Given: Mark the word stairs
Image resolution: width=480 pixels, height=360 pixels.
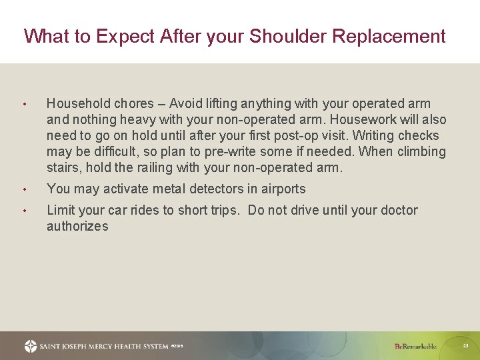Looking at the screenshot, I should coord(64,168).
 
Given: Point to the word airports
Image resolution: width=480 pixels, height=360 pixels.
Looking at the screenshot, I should coord(281,189).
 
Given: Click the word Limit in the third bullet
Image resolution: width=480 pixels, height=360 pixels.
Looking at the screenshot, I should coord(61,211).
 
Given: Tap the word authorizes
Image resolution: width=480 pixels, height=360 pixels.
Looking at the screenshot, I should coord(77,227).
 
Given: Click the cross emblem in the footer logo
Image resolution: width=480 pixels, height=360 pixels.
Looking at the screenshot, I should coord(31,346).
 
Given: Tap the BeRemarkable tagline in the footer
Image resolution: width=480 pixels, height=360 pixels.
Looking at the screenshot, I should coord(415,346).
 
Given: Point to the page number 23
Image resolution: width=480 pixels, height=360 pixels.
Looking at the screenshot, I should coord(465,345).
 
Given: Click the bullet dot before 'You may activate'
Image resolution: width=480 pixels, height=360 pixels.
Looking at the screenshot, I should coord(24,190).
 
